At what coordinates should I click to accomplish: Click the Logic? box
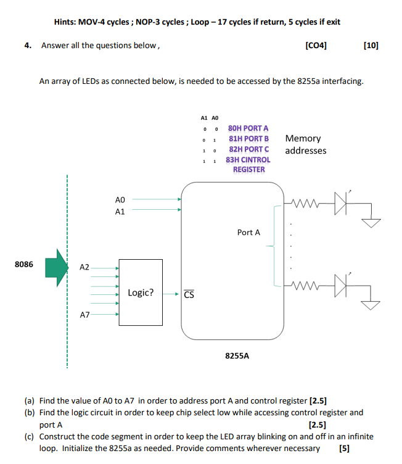(x=141, y=292)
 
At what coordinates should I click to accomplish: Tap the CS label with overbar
(x=189, y=294)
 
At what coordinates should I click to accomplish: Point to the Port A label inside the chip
(x=248, y=233)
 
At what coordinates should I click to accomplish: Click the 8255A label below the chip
(x=237, y=356)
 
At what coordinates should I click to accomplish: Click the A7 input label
(x=84, y=315)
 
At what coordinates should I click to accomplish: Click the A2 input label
(x=84, y=268)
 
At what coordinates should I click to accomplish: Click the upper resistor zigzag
(x=308, y=202)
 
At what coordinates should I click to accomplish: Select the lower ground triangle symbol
(x=371, y=304)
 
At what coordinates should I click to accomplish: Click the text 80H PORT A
(x=248, y=128)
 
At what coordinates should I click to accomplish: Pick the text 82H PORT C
(x=248, y=149)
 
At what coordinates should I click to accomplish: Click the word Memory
(x=303, y=139)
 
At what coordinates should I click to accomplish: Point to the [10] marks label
(x=371, y=45)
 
